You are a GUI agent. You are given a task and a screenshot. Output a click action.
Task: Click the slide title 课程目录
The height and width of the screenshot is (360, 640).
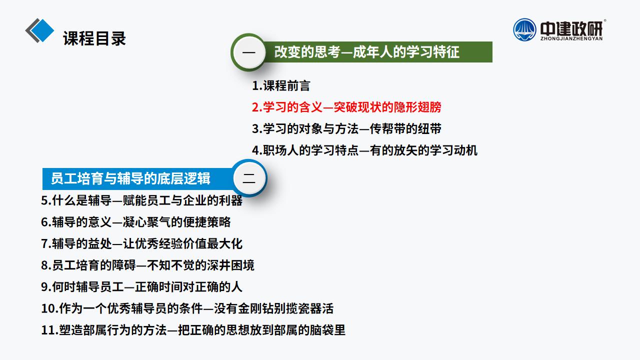pos(94,38)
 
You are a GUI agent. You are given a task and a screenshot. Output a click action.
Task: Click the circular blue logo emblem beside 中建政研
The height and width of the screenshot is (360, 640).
pos(524,29)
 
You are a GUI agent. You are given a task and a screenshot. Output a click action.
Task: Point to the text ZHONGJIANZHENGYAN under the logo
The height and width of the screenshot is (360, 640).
pos(571,38)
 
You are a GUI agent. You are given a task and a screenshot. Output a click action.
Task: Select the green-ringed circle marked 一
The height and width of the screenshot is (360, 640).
pos(249,52)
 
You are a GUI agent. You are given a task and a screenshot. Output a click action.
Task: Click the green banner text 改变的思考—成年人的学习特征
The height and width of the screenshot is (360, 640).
pos(367,52)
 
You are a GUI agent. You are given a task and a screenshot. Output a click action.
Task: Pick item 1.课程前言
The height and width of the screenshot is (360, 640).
pos(281,85)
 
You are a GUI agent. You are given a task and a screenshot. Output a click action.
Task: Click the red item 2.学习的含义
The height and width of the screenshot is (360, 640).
pos(346,107)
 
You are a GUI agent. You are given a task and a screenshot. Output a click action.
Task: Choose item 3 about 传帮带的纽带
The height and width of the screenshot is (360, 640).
pos(346,129)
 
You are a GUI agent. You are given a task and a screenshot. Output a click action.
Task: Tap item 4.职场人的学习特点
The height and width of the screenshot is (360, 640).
pos(364,150)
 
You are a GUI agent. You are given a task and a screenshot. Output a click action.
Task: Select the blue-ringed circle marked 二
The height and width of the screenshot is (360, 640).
pos(249,178)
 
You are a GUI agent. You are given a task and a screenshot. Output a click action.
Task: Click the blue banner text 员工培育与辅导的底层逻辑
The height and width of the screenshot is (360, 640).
pos(130,178)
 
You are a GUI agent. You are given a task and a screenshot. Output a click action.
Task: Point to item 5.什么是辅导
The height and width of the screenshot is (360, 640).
pos(141,200)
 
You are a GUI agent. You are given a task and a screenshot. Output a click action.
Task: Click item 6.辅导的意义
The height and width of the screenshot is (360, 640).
pos(135,222)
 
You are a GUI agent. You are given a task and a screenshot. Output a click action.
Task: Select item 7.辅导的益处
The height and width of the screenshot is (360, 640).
pos(141,243)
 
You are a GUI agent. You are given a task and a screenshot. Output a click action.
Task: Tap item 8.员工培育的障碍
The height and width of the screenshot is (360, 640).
pos(147,265)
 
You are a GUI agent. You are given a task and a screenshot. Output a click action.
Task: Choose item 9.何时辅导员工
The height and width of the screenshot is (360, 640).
pos(141,287)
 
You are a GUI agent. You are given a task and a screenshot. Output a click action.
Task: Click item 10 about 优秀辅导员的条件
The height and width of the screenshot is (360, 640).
pos(187,308)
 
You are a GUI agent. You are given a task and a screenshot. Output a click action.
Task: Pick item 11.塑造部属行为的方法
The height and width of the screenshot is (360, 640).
pos(193,330)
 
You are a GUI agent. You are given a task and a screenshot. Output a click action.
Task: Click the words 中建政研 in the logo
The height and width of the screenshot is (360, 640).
pos(571,28)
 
